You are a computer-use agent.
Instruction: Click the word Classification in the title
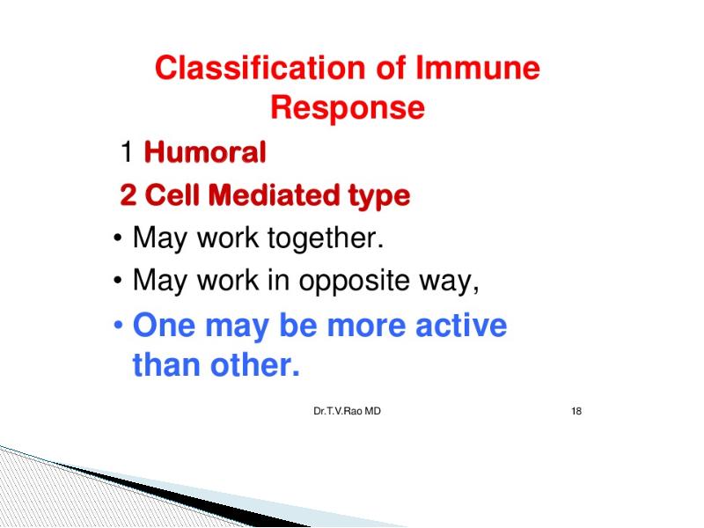[260, 68]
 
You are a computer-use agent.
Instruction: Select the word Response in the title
[348, 107]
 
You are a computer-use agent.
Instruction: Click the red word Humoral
[205, 151]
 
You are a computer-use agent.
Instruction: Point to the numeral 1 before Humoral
[127, 151]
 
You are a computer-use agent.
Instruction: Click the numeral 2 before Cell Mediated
[128, 194]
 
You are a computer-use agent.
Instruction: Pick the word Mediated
[274, 194]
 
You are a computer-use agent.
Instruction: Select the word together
[326, 238]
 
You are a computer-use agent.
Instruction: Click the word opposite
[355, 281]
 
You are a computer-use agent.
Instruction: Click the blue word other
[254, 364]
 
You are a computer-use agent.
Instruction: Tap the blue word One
[164, 325]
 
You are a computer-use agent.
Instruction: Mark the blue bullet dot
[118, 325]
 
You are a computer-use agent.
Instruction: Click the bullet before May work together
[118, 238]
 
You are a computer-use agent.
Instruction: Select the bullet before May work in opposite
[118, 281]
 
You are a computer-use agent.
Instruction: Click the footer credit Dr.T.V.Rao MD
[347, 411]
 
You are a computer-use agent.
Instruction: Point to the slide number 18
[576, 411]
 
